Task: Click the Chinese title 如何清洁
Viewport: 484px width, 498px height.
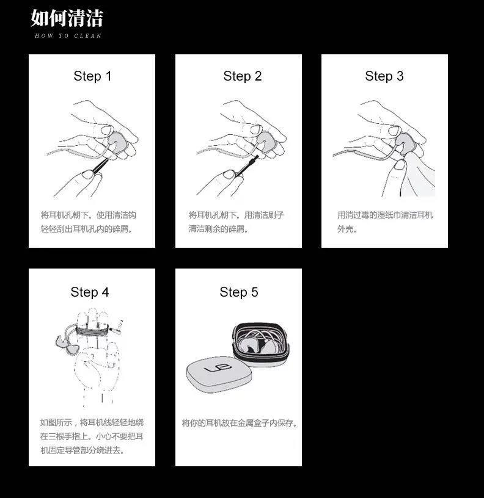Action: click(67, 18)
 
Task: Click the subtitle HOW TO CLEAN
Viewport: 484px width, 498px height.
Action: click(68, 36)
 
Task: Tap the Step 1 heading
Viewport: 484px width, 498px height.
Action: click(92, 76)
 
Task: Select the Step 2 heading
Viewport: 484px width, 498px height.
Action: click(243, 76)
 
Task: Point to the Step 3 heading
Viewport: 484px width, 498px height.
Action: click(384, 76)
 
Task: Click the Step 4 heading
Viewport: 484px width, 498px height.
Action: click(90, 292)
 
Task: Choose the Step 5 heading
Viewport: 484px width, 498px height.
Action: click(239, 292)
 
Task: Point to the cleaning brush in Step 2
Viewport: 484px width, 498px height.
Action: click(247, 165)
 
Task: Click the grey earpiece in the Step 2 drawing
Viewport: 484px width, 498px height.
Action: click(266, 142)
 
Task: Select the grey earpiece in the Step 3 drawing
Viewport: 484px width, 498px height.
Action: click(404, 143)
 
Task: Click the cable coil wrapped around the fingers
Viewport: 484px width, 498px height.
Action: click(92, 331)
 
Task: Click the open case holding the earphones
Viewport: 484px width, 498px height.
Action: click(261, 344)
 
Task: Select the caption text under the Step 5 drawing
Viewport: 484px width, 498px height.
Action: click(240, 423)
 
